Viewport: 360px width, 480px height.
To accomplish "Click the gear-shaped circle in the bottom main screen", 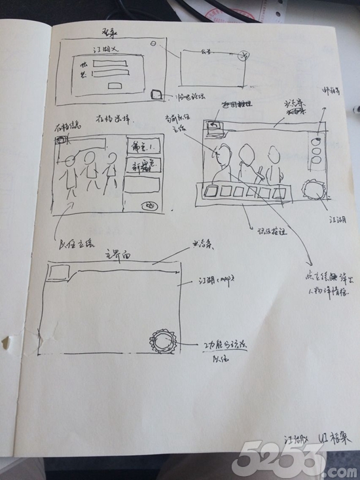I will click(x=162, y=341).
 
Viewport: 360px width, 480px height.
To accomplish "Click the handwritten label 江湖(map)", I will click(x=215, y=282).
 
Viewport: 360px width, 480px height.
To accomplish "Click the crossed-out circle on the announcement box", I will click(x=244, y=55).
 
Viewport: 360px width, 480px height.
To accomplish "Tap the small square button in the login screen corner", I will click(x=156, y=94).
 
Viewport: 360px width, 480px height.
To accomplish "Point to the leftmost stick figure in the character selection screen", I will click(x=68, y=175).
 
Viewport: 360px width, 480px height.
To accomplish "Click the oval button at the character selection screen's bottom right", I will click(x=150, y=205).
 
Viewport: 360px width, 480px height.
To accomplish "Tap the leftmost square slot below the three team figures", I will click(x=211, y=193).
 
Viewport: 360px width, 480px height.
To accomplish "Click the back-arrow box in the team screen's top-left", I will click(x=213, y=128).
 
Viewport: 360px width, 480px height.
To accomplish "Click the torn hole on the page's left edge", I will click(x=9, y=342).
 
